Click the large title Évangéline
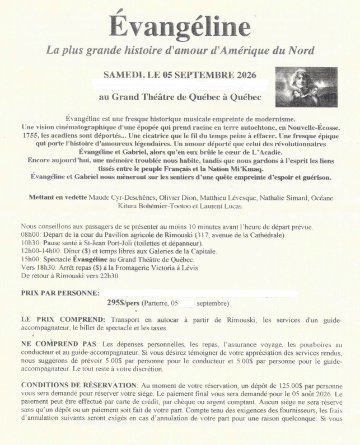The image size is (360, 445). pyautogui.click(x=180, y=25)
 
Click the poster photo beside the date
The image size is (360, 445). pyautogui.click(x=307, y=87)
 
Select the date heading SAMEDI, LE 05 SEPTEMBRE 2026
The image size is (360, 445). pyautogui.click(x=180, y=74)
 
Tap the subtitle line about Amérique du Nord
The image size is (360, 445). pyautogui.click(x=180, y=51)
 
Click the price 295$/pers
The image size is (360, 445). pyautogui.click(x=123, y=303)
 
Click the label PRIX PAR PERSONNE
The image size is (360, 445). pyautogui.click(x=60, y=293)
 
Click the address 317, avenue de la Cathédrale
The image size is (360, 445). pyautogui.click(x=237, y=235)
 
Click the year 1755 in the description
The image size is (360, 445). pyautogui.click(x=29, y=135)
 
